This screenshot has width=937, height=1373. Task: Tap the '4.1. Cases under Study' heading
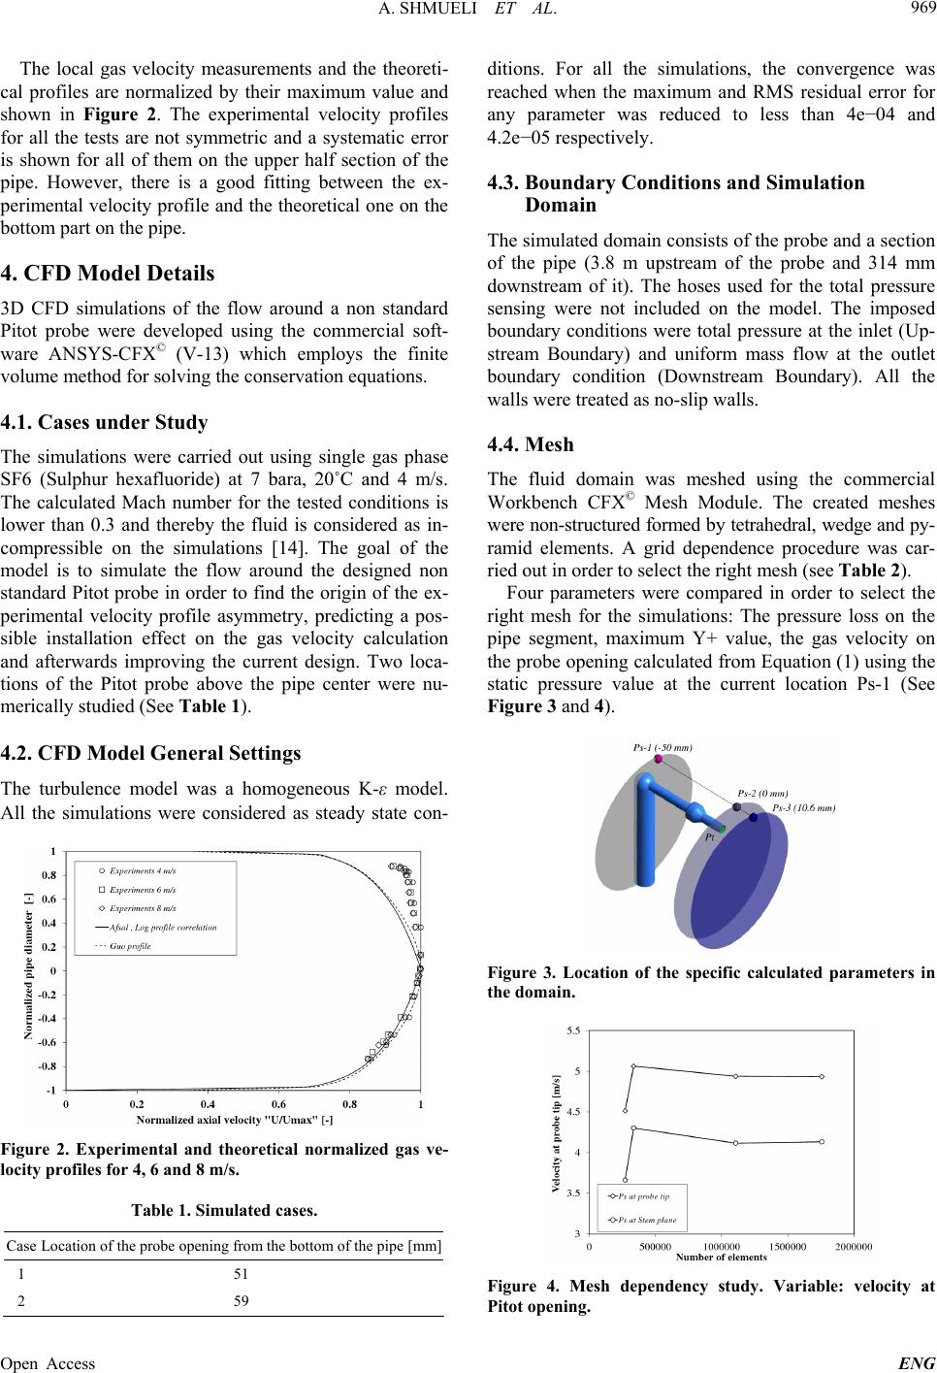[x=105, y=422]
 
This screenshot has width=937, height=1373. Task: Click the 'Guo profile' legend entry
[x=130, y=946]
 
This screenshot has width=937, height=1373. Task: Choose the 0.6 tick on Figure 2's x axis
[x=278, y=1104]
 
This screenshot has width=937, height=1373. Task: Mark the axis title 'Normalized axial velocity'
[x=235, y=1120]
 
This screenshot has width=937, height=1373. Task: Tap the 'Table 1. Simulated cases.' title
[x=224, y=1210]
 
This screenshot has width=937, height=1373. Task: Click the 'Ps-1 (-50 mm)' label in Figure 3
[x=662, y=748]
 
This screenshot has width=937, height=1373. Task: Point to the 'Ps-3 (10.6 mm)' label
[x=803, y=806]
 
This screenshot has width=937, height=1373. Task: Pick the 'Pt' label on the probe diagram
[x=710, y=837]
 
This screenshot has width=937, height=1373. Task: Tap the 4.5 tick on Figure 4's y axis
[x=576, y=1111]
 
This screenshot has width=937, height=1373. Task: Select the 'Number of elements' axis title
[x=721, y=1258]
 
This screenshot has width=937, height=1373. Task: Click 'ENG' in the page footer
[x=917, y=1363]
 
